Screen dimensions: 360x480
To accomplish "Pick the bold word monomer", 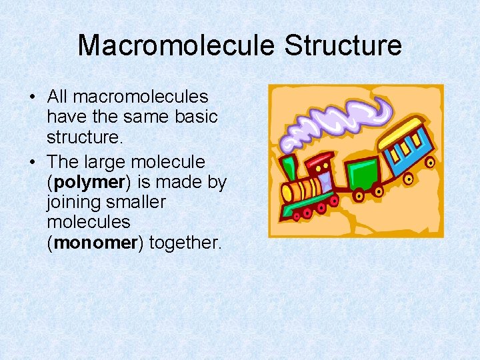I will pyautogui.click(x=95, y=243).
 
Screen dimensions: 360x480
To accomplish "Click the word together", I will pyautogui.click(x=185, y=243).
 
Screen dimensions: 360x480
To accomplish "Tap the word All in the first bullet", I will pyautogui.click(x=57, y=97).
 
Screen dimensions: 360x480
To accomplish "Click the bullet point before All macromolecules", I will pyautogui.click(x=33, y=97).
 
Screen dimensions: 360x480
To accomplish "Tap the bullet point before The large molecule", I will pyautogui.click(x=33, y=162).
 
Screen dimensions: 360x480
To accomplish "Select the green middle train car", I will pyautogui.click(x=361, y=175).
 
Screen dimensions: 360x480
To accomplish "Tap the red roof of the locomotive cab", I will pyautogui.click(x=320, y=160).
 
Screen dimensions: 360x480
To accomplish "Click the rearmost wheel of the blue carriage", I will pyautogui.click(x=430, y=162).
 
